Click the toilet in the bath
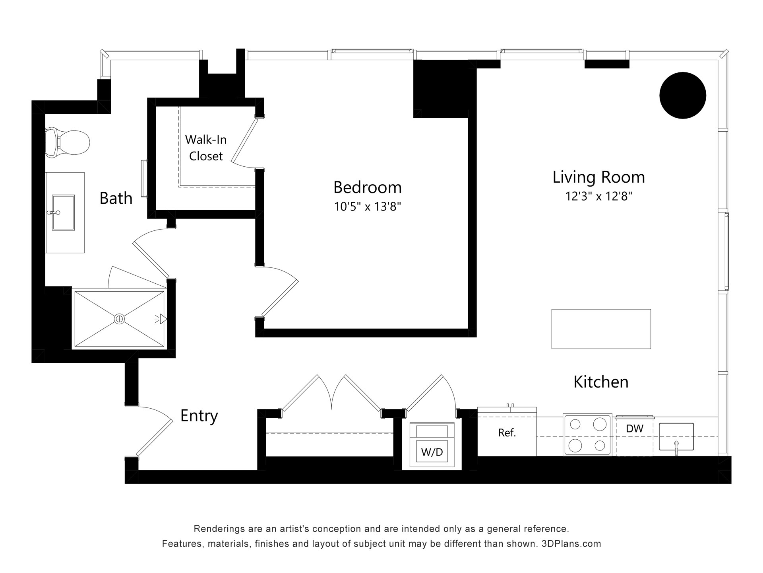[67, 142]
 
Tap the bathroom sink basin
[64, 212]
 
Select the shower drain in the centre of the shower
[119, 319]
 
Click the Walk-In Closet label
[206, 148]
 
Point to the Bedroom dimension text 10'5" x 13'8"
[368, 207]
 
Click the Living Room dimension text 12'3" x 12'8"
[599, 196]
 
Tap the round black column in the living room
[683, 95]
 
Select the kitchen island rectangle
[601, 329]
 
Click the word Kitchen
[601, 382]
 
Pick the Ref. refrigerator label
[507, 433]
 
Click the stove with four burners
[587, 435]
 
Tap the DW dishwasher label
[635, 429]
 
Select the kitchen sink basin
[676, 437]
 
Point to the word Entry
[199, 416]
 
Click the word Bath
[116, 198]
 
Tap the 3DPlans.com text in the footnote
[571, 544]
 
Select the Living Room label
[598, 177]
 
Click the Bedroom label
[367, 187]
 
